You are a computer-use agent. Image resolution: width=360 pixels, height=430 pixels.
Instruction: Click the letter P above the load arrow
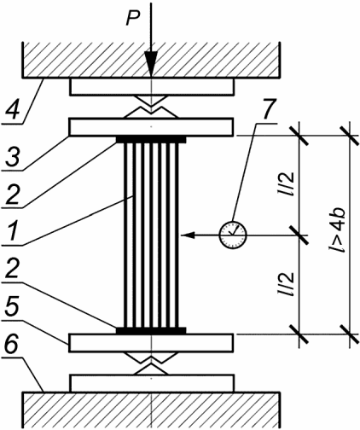point(133,19)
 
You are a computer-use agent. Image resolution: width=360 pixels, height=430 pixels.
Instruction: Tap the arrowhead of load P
point(152,64)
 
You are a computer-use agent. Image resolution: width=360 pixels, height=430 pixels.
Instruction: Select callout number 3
point(14,156)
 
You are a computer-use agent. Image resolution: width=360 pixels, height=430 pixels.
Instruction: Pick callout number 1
point(13,230)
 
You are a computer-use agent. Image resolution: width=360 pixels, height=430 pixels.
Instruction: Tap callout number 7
point(268,108)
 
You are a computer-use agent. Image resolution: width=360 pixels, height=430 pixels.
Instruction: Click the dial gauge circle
point(233,235)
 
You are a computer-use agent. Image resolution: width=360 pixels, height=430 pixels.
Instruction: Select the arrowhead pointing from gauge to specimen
point(188,235)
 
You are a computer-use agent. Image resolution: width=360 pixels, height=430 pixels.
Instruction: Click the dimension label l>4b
point(338,230)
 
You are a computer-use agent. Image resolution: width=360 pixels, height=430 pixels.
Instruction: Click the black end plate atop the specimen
point(151,140)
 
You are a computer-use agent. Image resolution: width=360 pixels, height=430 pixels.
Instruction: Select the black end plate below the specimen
point(151,331)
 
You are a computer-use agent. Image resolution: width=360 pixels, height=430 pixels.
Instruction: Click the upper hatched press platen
point(151,60)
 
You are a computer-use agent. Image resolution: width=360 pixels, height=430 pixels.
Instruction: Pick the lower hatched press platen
point(151,410)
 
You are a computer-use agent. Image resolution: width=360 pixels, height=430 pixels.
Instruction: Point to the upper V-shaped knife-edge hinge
point(152,107)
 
